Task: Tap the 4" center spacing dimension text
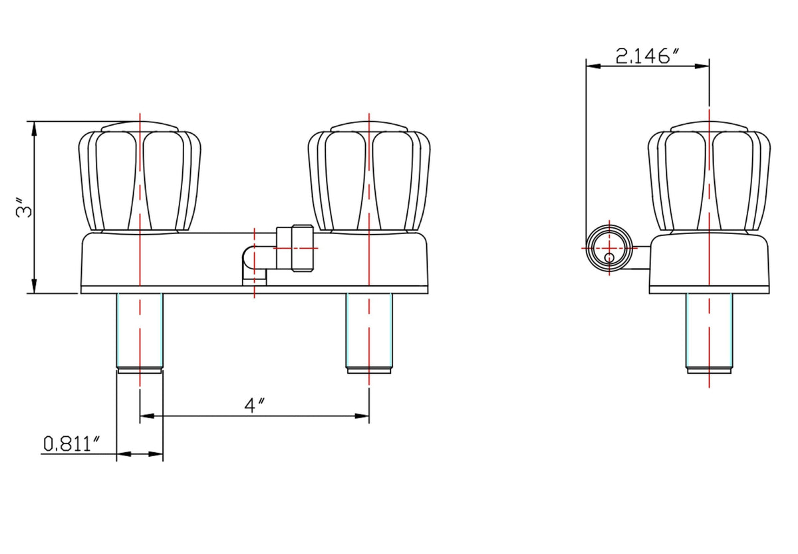pos(254,405)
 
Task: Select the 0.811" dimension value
pos(71,444)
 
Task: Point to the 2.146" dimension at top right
pos(647,57)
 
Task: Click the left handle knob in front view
pos(140,177)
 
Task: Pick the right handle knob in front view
pos(369,177)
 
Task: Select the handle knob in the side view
pos(709,177)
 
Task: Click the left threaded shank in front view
pos(140,333)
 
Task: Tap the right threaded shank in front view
pos(369,333)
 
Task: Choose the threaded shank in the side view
pos(709,333)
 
